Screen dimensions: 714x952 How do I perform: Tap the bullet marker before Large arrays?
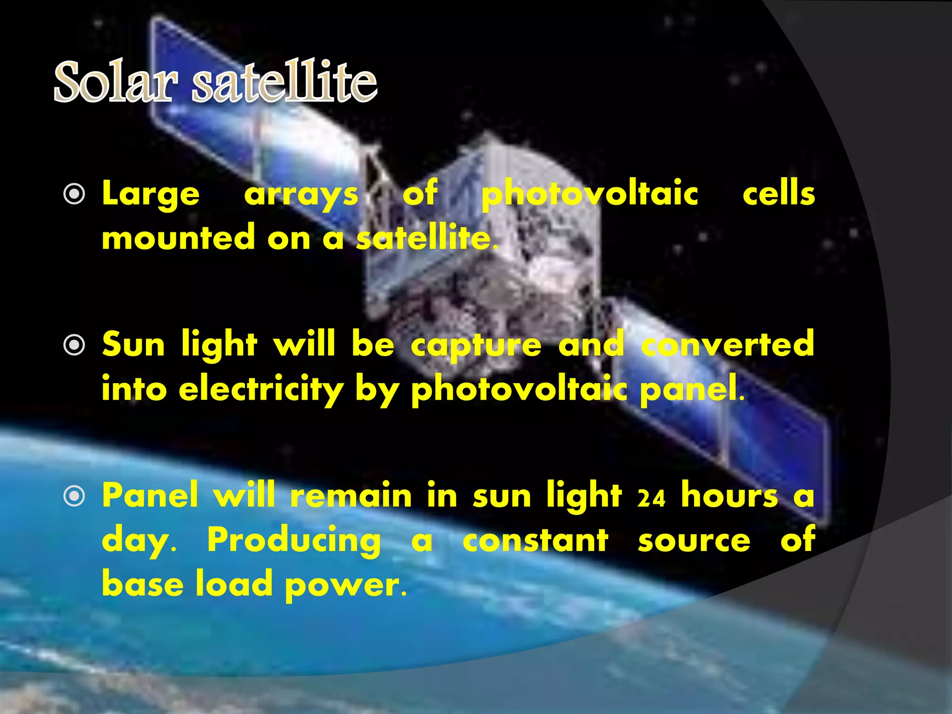click(74, 194)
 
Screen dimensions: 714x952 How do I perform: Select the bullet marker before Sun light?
click(74, 345)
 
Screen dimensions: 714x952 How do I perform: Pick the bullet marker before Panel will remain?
click(74, 496)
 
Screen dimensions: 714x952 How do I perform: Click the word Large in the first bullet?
click(151, 194)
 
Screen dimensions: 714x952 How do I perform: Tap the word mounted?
click(178, 238)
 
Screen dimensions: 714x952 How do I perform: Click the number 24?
click(651, 498)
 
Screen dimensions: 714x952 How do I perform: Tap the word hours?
click(729, 496)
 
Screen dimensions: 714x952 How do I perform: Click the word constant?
click(535, 540)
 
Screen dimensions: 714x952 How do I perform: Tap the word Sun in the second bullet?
click(133, 345)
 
